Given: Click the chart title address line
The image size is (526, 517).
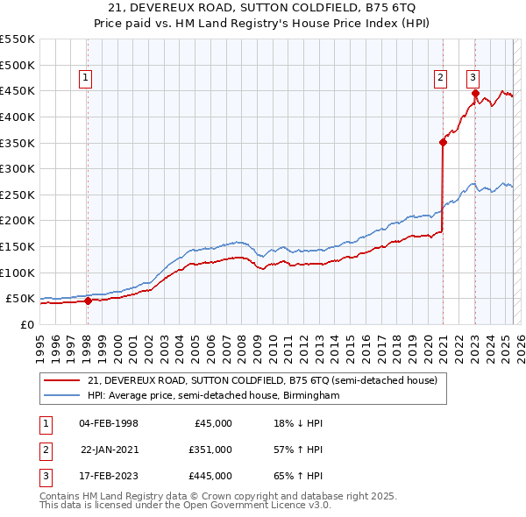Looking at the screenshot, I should coord(263,9).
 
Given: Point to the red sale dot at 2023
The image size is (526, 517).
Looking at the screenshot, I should coord(475,93).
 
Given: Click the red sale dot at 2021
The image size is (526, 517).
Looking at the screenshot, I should coord(443,142).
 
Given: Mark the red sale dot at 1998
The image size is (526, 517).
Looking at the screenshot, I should coord(88,301).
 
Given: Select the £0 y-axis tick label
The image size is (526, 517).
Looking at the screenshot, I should coord(27,324).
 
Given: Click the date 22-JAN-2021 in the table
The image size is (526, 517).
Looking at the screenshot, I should coord(109,450).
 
